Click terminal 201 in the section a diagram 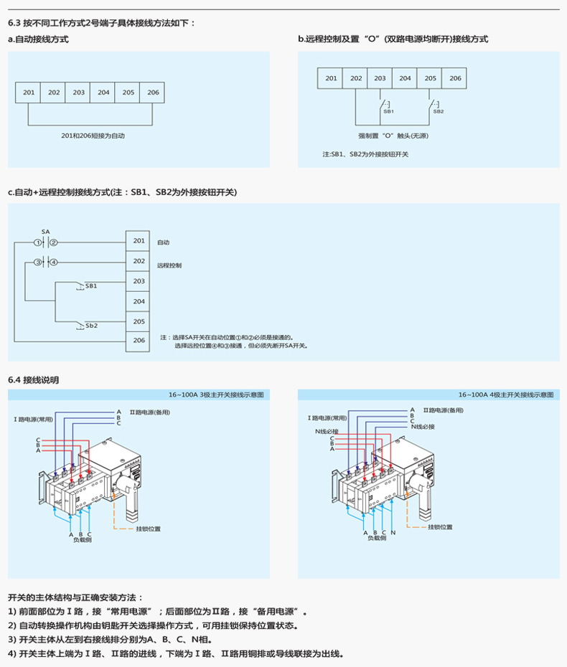coord(29,93)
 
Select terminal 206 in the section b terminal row coord(455,78)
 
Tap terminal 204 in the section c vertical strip coord(139,301)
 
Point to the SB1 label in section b coord(388,112)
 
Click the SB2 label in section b coord(439,112)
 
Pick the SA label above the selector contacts coord(45,232)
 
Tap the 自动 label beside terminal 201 coord(163,242)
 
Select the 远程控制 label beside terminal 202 coord(169,265)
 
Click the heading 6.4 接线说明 coord(34,379)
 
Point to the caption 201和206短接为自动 coord(93,136)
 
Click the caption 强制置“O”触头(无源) coord(393,136)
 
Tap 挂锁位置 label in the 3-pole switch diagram coord(149,529)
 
